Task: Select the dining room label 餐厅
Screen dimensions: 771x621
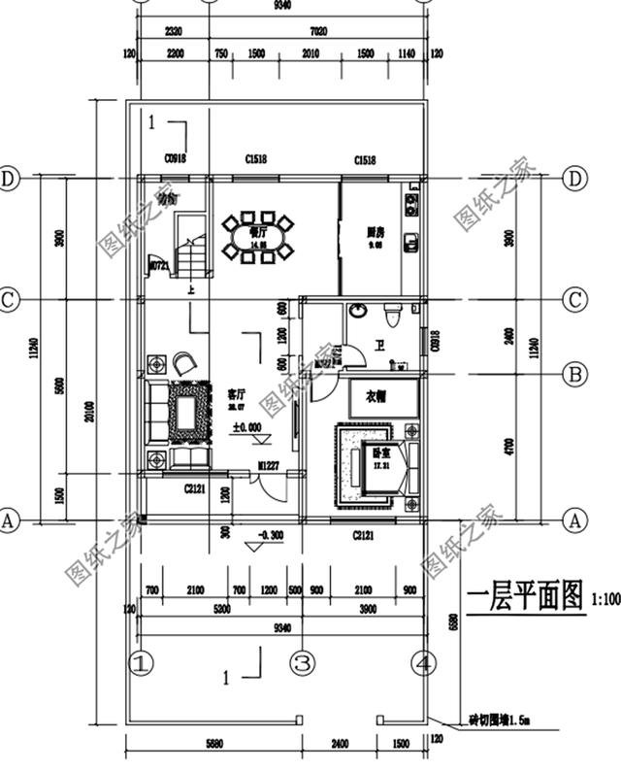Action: tap(257, 233)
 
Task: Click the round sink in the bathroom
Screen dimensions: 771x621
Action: tap(358, 313)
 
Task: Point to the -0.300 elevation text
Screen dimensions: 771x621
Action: tap(270, 535)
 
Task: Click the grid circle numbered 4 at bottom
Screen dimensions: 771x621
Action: tap(422, 664)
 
